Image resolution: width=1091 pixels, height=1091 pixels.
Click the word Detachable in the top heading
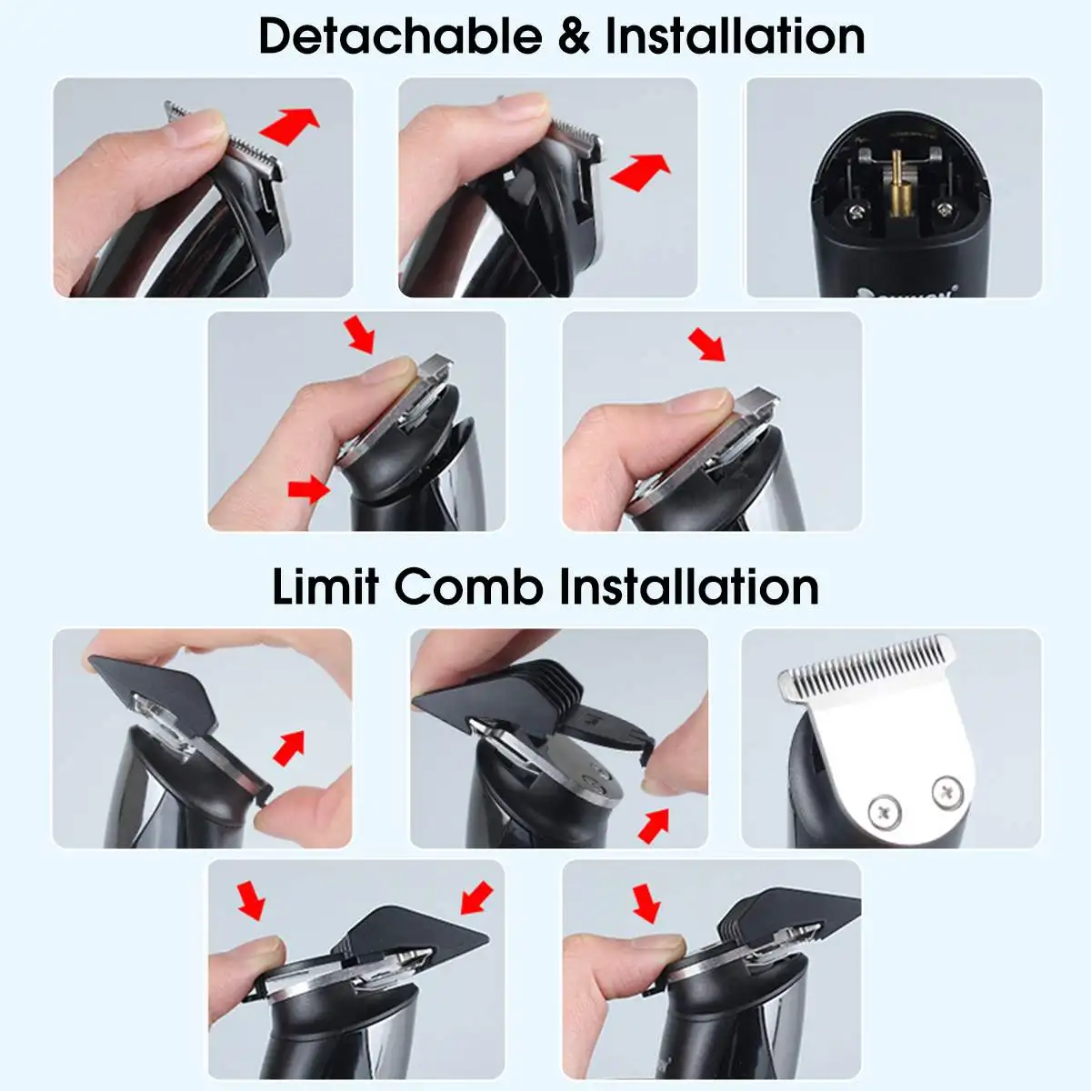tap(400, 36)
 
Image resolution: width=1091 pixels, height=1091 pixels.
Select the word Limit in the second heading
tap(325, 587)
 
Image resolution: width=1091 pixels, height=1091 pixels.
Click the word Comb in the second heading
tap(468, 587)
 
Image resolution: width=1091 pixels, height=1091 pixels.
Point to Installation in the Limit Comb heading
tap(688, 587)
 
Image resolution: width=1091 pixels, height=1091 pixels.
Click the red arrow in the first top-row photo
tap(289, 125)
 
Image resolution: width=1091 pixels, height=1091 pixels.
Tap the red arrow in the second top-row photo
tap(640, 172)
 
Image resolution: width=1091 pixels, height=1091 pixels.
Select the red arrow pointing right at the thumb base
tap(309, 488)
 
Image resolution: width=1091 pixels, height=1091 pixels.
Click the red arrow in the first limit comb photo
tap(289, 748)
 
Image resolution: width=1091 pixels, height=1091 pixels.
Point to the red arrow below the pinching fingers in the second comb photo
tap(654, 826)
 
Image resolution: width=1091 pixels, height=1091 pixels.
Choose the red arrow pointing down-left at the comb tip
tap(476, 897)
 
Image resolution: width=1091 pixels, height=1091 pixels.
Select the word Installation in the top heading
tap(735, 36)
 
